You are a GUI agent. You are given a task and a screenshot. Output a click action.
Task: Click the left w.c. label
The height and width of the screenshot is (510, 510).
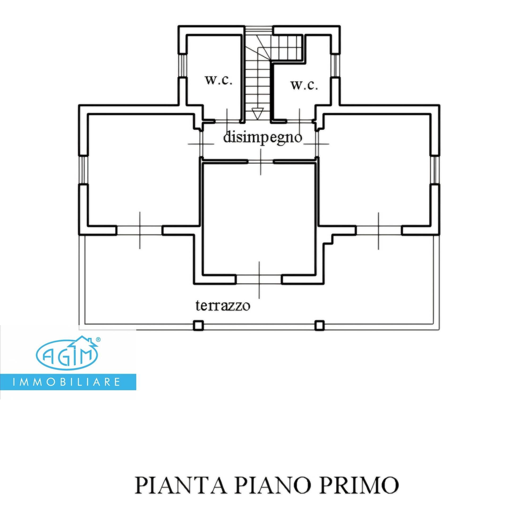(219, 80)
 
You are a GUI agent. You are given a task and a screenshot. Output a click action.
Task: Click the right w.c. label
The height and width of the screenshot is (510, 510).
(304, 85)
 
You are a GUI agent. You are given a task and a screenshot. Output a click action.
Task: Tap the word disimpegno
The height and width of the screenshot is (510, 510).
(262, 138)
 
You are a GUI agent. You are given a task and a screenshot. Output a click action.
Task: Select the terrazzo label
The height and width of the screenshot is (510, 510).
(223, 306)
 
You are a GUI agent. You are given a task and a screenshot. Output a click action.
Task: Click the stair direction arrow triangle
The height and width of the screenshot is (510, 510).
(257, 113)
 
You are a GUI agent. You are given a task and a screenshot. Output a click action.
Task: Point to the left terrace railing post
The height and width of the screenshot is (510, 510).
(198, 325)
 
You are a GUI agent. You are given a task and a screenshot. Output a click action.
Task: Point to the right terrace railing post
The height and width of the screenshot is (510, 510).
(319, 325)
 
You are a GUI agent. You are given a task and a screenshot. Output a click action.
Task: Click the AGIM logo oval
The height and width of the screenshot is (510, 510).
(67, 355)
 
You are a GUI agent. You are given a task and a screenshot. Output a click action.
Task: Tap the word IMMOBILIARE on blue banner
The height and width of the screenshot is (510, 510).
(66, 382)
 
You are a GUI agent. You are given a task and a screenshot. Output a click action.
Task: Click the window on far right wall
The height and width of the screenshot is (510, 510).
(435, 170)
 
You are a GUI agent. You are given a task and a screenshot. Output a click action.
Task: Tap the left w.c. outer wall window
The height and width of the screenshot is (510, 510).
(182, 66)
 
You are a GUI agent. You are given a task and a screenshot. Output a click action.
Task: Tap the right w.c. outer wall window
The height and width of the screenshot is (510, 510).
(335, 66)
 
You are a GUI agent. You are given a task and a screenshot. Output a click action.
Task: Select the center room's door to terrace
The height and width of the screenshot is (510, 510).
(259, 280)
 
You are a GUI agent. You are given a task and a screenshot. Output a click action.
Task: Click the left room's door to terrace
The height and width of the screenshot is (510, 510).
(140, 230)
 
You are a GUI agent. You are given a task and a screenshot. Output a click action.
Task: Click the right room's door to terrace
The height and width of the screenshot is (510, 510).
(379, 230)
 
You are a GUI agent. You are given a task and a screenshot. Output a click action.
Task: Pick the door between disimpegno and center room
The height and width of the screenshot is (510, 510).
(261, 161)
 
